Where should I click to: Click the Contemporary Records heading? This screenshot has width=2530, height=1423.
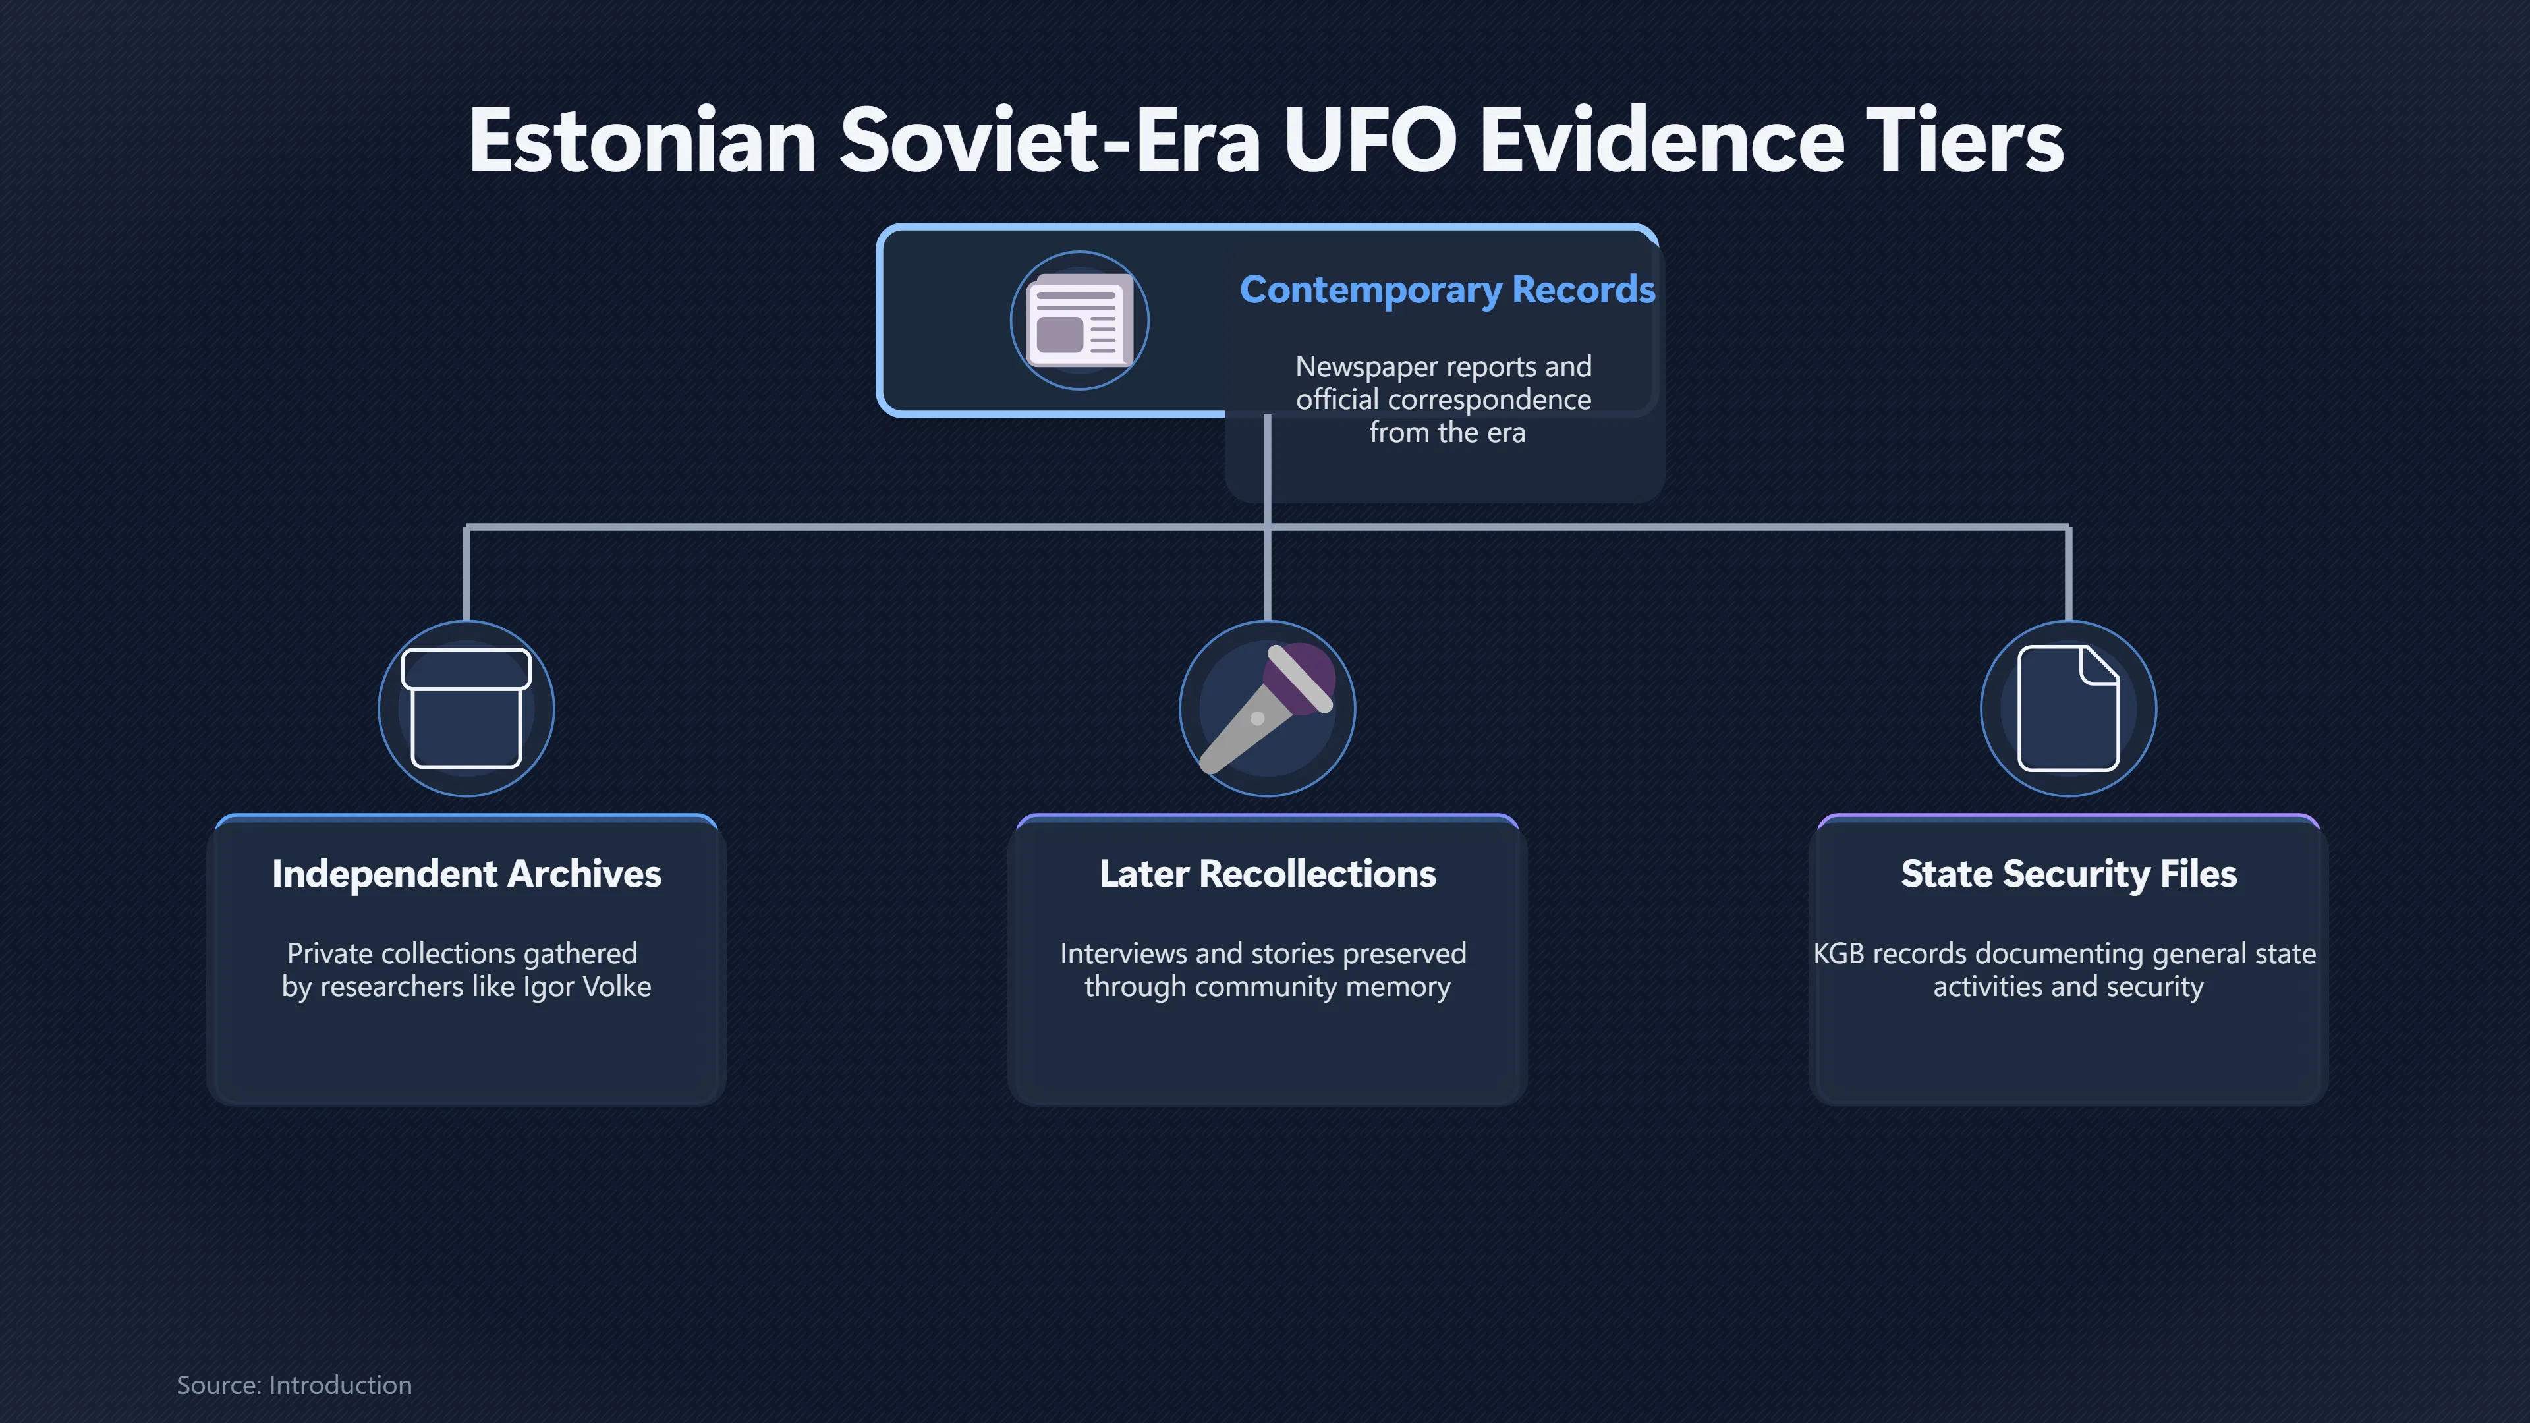tap(1447, 290)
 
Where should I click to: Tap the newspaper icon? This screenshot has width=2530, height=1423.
tap(1079, 320)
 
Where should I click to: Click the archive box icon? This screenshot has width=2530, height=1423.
tap(466, 708)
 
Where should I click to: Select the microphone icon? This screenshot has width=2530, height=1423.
tap(1267, 707)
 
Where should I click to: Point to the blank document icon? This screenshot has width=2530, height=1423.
tap(2067, 708)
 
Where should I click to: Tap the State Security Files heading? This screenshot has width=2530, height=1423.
tap(2068, 874)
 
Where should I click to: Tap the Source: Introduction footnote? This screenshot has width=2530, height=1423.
tap(294, 1385)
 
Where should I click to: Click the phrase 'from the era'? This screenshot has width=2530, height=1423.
tap(1447, 432)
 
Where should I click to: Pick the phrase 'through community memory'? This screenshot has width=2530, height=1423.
tap(1267, 987)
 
